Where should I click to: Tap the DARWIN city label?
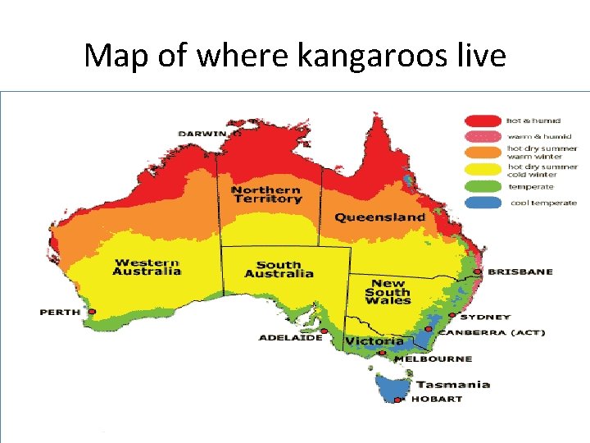[203, 133]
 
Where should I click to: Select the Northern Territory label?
[266, 194]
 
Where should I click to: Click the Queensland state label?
[379, 217]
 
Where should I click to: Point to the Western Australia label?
[147, 267]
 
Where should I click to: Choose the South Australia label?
[279, 269]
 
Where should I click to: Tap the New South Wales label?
[388, 291]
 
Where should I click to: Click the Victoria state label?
[374, 340]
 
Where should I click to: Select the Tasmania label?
[452, 384]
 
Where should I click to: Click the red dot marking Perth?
[93, 312]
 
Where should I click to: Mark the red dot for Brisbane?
[479, 272]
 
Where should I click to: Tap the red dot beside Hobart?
[398, 400]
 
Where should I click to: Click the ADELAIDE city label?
[290, 338]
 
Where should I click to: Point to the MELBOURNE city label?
[433, 359]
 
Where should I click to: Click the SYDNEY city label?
[485, 317]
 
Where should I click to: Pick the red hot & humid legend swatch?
[483, 121]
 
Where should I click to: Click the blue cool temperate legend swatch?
[483, 202]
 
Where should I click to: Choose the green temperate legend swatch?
[483, 186]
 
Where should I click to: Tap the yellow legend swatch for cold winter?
[483, 170]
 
